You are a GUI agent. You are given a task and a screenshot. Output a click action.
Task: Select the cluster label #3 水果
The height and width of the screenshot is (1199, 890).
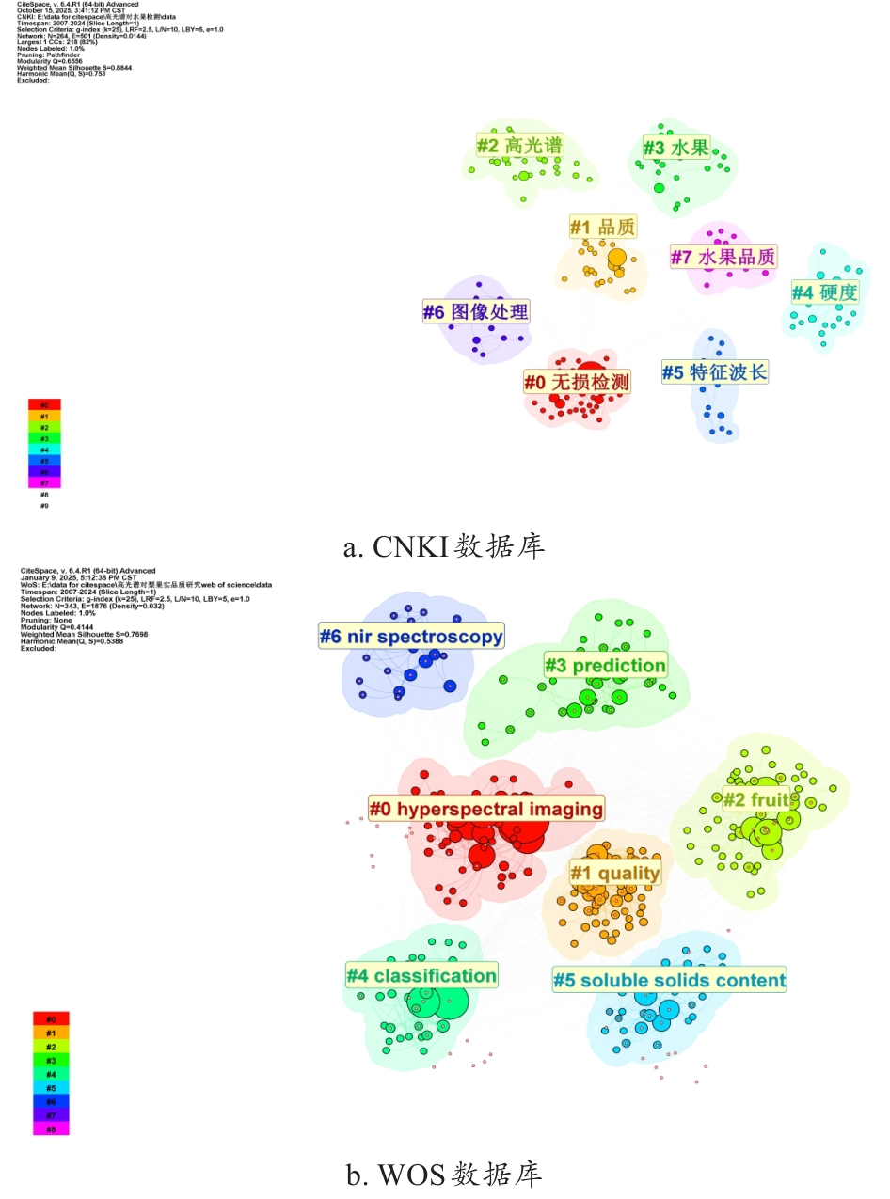(x=675, y=147)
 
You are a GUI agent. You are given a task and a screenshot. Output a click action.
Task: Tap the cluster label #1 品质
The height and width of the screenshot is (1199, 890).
(x=603, y=227)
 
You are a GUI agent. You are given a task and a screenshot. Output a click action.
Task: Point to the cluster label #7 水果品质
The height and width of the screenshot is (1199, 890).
(x=723, y=256)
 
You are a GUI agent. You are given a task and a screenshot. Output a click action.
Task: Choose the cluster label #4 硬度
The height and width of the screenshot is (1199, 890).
(x=824, y=292)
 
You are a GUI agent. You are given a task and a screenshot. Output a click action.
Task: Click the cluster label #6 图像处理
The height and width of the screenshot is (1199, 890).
(x=476, y=311)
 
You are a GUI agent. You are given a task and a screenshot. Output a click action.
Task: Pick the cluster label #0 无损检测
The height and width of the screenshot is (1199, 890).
(x=577, y=381)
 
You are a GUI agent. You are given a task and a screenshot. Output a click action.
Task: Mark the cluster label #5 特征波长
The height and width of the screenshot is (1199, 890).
(x=715, y=372)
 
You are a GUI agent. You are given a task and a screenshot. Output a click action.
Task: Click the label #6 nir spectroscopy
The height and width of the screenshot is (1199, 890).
(x=411, y=637)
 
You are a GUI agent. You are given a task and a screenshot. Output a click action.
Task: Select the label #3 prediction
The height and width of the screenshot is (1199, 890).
(x=606, y=666)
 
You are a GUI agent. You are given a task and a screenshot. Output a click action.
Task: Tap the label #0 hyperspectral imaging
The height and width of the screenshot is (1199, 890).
(x=485, y=809)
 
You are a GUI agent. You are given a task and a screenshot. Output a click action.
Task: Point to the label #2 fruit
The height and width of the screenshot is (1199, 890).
(x=755, y=800)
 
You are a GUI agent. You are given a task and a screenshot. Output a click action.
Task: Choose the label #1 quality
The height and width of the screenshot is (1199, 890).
(x=615, y=873)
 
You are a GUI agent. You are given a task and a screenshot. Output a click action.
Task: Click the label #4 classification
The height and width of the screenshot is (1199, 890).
(x=421, y=975)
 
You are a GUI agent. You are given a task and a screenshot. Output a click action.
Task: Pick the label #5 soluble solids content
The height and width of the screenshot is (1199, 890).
(x=669, y=981)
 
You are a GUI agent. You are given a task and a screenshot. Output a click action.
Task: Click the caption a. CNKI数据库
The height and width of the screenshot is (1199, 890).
(x=444, y=546)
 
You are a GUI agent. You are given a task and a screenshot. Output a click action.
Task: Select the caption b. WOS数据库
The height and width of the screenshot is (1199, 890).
(x=444, y=1175)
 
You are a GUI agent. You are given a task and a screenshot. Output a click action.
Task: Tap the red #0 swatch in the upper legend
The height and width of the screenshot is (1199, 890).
(x=44, y=404)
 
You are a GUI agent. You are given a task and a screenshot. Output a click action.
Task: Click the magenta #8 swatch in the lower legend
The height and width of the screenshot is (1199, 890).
(x=51, y=1128)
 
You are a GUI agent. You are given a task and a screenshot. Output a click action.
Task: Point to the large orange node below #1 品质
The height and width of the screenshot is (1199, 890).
(x=616, y=258)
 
